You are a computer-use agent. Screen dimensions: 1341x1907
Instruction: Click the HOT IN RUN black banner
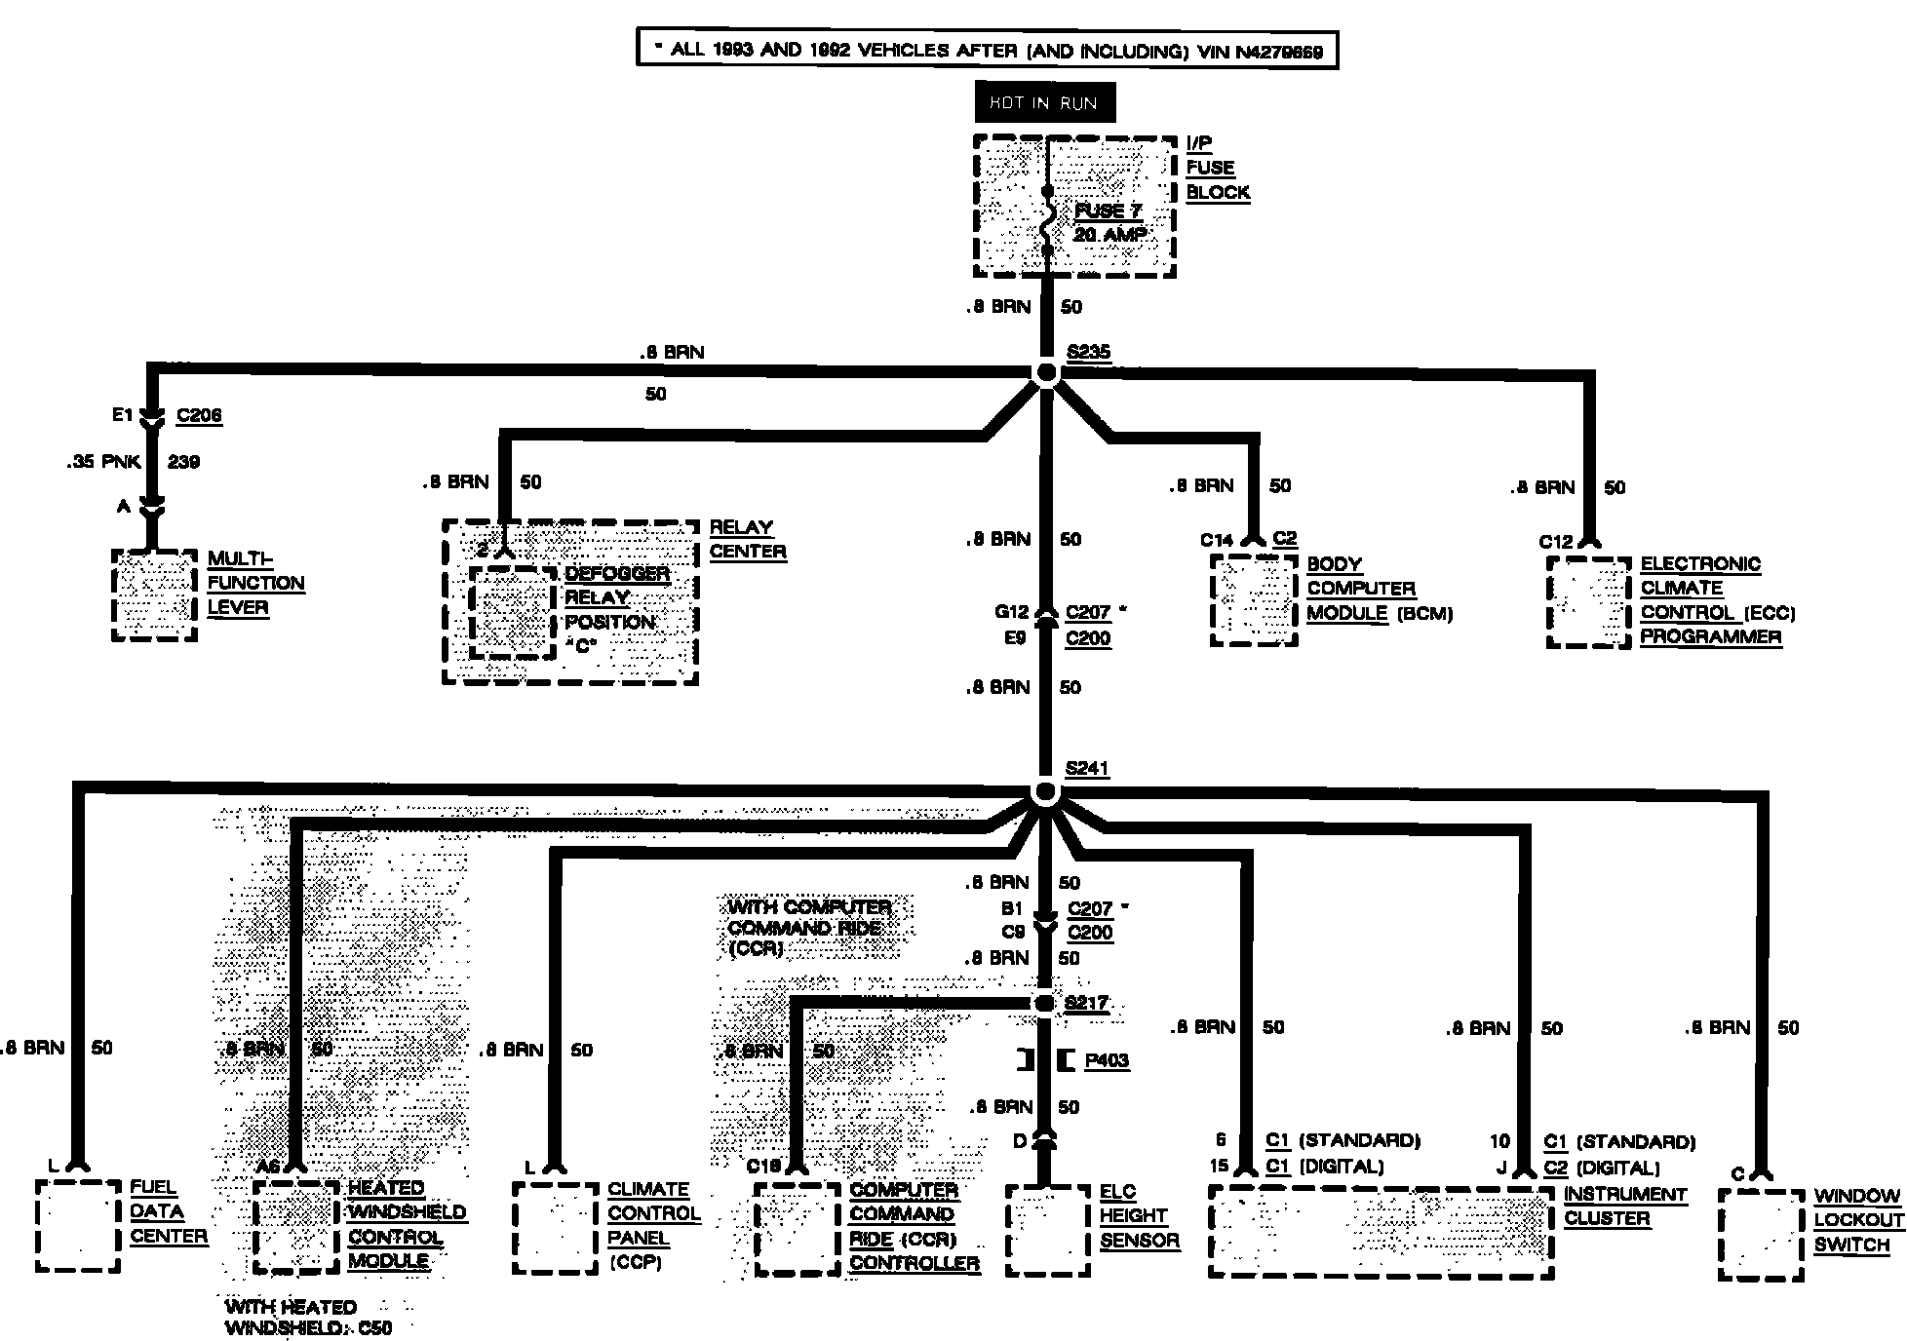coord(1044,102)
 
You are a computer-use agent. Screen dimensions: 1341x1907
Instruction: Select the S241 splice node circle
coord(1045,793)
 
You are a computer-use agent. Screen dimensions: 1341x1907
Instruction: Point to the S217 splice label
coord(1086,1004)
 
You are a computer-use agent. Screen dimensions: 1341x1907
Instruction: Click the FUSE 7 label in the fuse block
coord(1108,211)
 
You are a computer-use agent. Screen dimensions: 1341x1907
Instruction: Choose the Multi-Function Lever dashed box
coord(154,594)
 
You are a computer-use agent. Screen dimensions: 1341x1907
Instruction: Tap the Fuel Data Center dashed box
coord(78,1226)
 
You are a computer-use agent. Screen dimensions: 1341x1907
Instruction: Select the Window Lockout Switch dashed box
coord(1761,1235)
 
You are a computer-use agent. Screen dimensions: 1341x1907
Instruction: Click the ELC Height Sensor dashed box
coord(1048,1230)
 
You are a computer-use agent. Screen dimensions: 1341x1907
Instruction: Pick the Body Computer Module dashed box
coord(1254,599)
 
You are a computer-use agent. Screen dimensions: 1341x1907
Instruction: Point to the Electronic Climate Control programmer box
coord(1588,601)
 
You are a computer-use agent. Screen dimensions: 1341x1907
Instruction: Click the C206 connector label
coord(199,416)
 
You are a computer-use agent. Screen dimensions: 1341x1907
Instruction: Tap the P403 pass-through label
coord(1107,1060)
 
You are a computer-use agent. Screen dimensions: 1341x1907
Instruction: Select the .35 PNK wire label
coord(105,462)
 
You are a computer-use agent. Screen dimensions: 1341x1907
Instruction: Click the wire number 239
coord(183,462)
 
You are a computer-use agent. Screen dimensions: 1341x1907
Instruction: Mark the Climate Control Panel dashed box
coord(555,1228)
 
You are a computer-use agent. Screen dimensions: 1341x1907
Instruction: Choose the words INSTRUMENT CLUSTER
coord(1624,1207)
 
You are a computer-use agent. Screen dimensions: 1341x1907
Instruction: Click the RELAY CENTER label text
coord(747,539)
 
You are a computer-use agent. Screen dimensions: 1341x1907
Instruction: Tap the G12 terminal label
coord(1011,612)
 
